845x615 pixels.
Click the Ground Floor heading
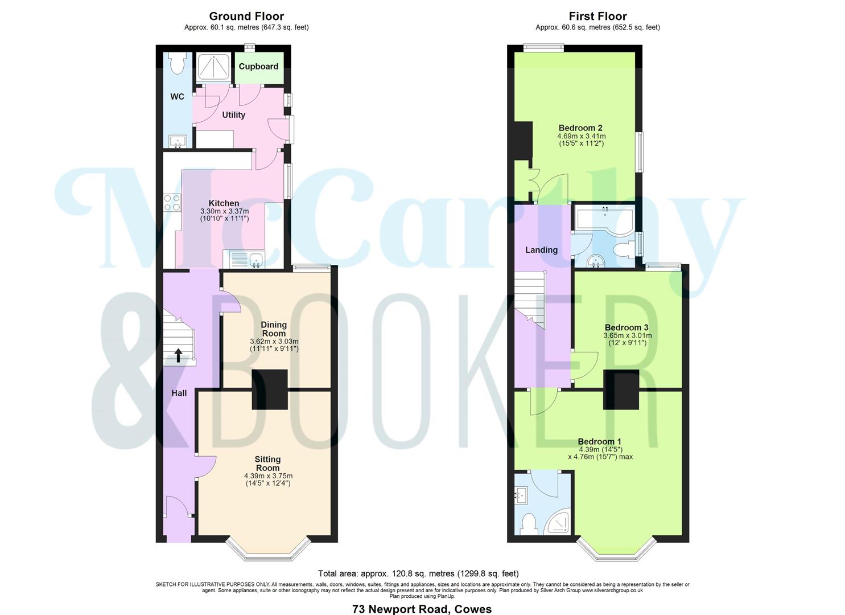(x=246, y=17)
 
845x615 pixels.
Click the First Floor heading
(x=597, y=17)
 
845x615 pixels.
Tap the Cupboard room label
(x=258, y=67)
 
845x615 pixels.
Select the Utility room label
(x=233, y=115)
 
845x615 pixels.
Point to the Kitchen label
(x=224, y=203)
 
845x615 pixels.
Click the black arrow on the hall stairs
(x=178, y=355)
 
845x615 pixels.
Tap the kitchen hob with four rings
(x=172, y=203)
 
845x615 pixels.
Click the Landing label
(x=541, y=250)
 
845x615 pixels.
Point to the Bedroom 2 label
(x=580, y=128)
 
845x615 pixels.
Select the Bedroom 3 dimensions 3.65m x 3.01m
(x=627, y=336)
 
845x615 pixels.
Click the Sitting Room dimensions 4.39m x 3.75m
(x=268, y=476)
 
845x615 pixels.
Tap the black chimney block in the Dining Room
(x=270, y=389)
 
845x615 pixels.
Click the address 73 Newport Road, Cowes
(x=422, y=609)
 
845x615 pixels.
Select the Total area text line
(x=418, y=573)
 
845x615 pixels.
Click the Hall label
(x=179, y=393)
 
